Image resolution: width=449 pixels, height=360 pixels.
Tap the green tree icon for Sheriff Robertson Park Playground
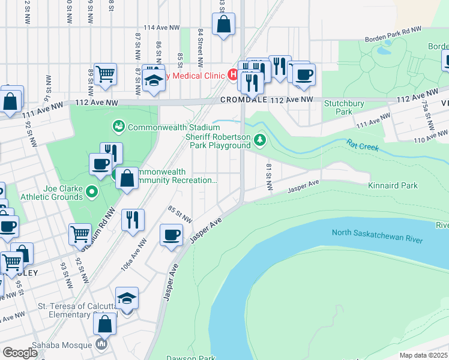[x=259, y=140]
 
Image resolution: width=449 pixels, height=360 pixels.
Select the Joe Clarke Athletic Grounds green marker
[x=91, y=192]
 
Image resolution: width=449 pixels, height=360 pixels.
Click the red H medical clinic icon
[x=232, y=75]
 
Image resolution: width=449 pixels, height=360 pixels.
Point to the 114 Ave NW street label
[x=161, y=28]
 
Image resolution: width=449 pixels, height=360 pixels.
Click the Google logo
[x=20, y=353]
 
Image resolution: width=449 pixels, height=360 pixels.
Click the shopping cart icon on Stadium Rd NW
[x=80, y=233]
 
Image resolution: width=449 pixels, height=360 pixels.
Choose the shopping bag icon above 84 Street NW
[x=223, y=25]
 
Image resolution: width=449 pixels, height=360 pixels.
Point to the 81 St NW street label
[x=268, y=179]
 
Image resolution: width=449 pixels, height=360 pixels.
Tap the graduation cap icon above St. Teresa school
[x=127, y=298]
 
